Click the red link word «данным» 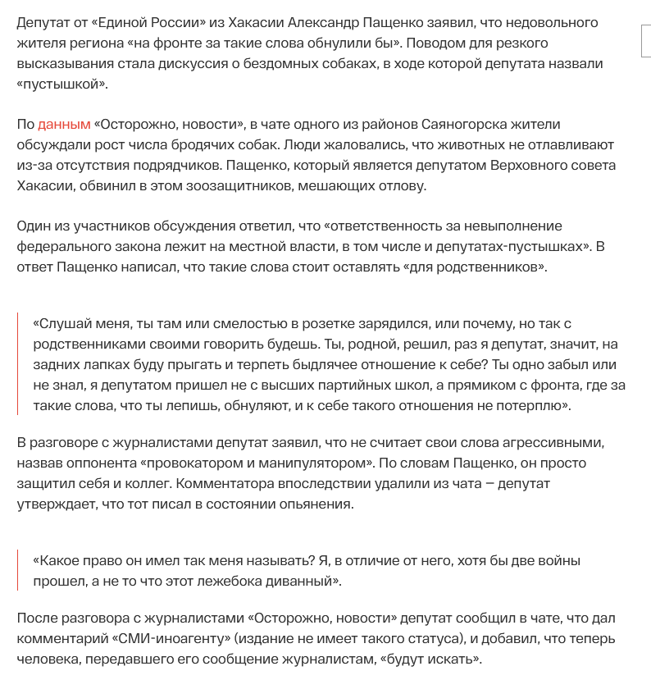pos(64,125)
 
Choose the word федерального pos(70,246)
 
